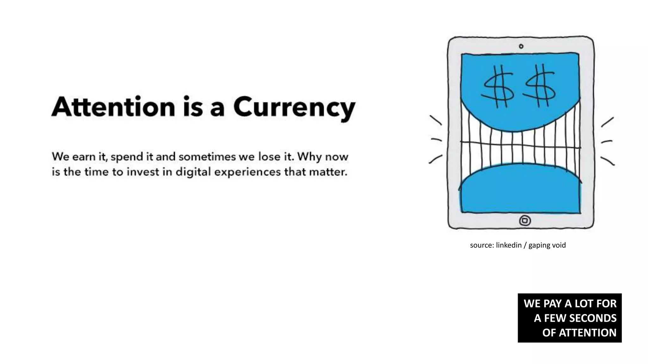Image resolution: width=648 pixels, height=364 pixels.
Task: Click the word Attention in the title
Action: pos(113,107)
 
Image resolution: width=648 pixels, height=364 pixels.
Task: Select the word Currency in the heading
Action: pos(294,107)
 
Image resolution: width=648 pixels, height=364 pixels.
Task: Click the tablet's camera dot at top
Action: pos(521,46)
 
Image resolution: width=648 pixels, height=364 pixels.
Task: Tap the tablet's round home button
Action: pos(525,220)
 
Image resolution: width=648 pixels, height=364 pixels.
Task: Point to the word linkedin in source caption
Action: pos(508,245)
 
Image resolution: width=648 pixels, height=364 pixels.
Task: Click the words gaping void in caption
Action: pos(547,246)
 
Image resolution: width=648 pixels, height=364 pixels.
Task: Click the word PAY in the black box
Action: pos(552,304)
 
